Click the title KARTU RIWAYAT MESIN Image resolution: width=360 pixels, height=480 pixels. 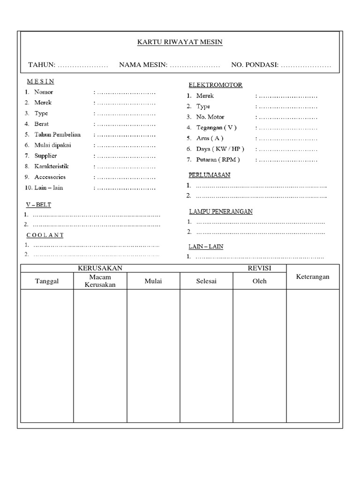[x=180, y=42]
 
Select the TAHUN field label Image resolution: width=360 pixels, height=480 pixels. [x=42, y=65]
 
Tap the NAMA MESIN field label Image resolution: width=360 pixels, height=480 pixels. [x=143, y=65]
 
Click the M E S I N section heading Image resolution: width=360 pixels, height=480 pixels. [x=40, y=81]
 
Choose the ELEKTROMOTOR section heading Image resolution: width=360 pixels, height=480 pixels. [x=215, y=85]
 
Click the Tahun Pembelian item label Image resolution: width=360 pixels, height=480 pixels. [x=57, y=135]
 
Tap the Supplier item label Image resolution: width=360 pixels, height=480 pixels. [x=45, y=156]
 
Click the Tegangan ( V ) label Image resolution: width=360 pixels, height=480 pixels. [x=217, y=127]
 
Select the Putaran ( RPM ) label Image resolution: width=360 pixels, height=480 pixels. [x=218, y=160]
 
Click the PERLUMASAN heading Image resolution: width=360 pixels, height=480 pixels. [x=209, y=175]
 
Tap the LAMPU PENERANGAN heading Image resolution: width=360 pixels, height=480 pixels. [x=220, y=211]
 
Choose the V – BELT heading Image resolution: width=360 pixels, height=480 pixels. [x=38, y=205]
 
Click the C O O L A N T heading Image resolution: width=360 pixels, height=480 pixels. [x=45, y=235]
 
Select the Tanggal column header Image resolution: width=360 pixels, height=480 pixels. [x=47, y=281]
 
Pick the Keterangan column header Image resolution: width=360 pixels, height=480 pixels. [x=313, y=277]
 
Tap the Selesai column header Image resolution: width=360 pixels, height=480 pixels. [x=206, y=281]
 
